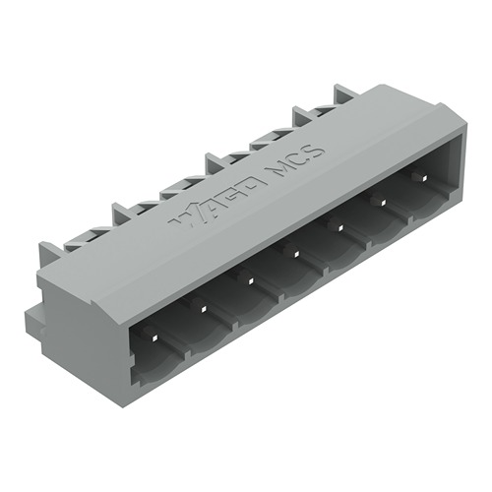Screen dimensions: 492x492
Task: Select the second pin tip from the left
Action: click(204, 307)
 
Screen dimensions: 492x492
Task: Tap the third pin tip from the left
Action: click(251, 281)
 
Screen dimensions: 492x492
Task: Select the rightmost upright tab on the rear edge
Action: click(344, 95)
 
